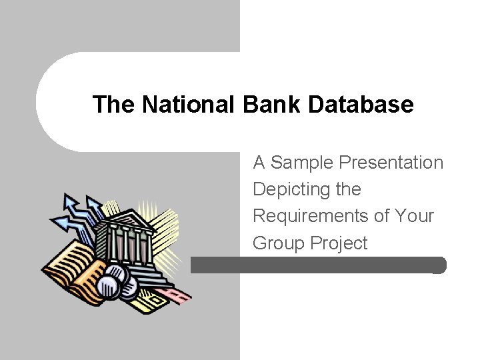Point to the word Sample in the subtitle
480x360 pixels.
pyautogui.click(x=302, y=163)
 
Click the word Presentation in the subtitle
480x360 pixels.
pyautogui.click(x=391, y=163)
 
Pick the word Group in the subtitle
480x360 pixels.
pyautogui.click(x=278, y=243)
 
